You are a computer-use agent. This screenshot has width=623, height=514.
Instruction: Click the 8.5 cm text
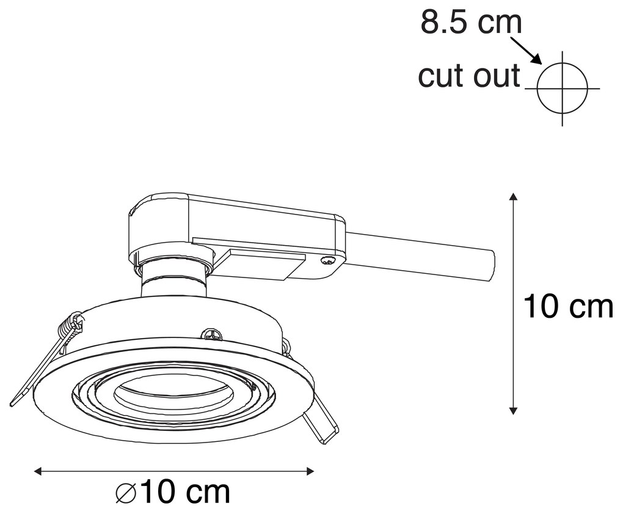[471, 23]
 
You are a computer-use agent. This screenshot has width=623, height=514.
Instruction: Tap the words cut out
[469, 76]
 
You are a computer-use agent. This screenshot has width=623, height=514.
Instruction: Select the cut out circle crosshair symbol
[562, 88]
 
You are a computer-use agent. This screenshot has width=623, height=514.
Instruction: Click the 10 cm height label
[568, 307]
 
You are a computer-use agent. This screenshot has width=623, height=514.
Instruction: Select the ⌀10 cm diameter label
[173, 491]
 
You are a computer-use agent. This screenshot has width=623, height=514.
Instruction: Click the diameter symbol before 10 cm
[126, 492]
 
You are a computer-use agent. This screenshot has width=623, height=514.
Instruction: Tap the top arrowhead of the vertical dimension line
[514, 197]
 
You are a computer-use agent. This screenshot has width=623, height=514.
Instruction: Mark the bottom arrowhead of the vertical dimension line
[514, 410]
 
